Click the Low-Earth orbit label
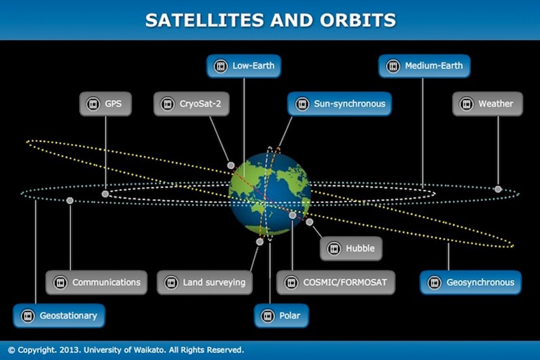(244, 66)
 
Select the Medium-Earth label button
(425, 66)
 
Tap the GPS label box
(105, 104)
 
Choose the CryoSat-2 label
(192, 104)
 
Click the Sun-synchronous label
(340, 104)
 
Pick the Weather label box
(488, 104)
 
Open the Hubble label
(351, 249)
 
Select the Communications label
(96, 283)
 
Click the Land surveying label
(204, 283)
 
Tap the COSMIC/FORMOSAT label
(336, 283)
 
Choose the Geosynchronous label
(471, 283)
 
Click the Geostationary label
(59, 316)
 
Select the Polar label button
(281, 316)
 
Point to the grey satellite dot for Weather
(498, 189)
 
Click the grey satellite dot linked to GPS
(105, 194)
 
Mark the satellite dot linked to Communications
(70, 200)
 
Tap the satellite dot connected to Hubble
(310, 222)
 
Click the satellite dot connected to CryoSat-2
(231, 165)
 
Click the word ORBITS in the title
(358, 20)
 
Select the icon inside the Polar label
(268, 316)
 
